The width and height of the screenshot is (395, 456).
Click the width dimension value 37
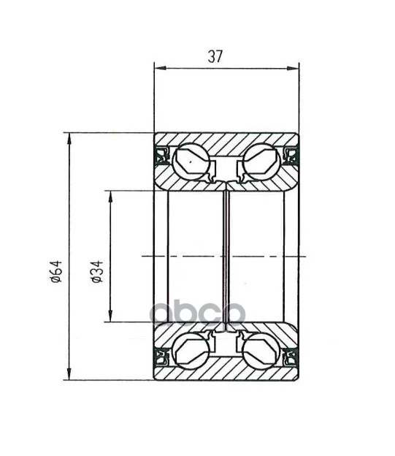tap(215, 56)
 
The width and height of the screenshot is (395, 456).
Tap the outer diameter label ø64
tap(56, 271)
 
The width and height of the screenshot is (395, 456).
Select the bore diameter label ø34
tap(97, 271)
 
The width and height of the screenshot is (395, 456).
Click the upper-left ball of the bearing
tap(191, 161)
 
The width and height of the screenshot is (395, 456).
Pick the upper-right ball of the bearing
tap(261, 161)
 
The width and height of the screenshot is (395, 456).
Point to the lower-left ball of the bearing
tap(191, 351)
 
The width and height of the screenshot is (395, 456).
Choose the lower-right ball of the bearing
tap(261, 351)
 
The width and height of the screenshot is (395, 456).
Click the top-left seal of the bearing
tap(161, 156)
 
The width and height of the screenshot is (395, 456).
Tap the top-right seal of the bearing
tap(291, 156)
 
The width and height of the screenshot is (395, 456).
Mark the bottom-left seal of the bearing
tap(161, 357)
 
